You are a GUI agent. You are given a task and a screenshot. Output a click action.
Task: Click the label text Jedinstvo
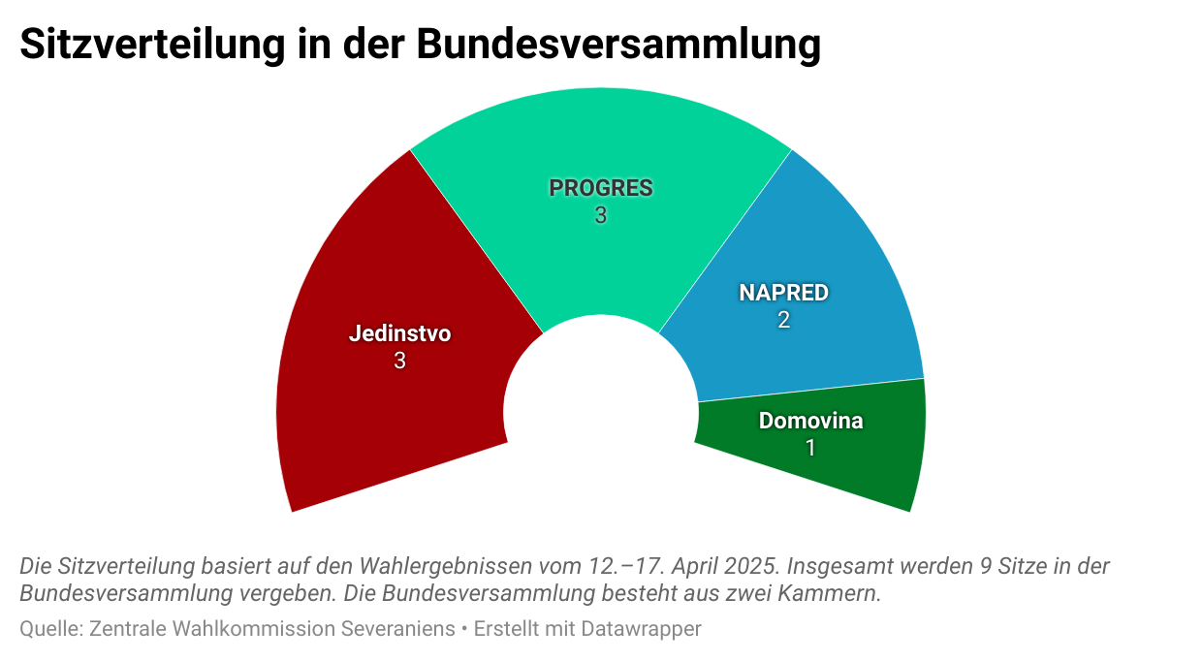pyautogui.click(x=399, y=334)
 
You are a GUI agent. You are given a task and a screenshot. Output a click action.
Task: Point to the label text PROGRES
pyautogui.click(x=601, y=188)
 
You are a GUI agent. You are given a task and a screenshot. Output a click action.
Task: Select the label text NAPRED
pyautogui.click(x=783, y=293)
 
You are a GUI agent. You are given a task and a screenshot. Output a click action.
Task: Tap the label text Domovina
pyautogui.click(x=810, y=422)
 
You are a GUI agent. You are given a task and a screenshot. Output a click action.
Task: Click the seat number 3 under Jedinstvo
pyautogui.click(x=399, y=362)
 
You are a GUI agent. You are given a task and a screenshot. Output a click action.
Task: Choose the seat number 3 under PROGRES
pyautogui.click(x=601, y=216)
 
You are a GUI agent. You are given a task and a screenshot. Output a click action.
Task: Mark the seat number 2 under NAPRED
pyautogui.click(x=783, y=320)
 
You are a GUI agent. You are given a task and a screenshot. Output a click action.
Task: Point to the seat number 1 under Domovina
pyautogui.click(x=810, y=448)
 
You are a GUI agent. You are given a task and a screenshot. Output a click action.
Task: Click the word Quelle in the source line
pyautogui.click(x=48, y=629)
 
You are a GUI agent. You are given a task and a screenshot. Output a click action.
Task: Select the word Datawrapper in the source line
pyautogui.click(x=641, y=629)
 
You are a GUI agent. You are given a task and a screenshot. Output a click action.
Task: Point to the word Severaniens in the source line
pyautogui.click(x=397, y=629)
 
